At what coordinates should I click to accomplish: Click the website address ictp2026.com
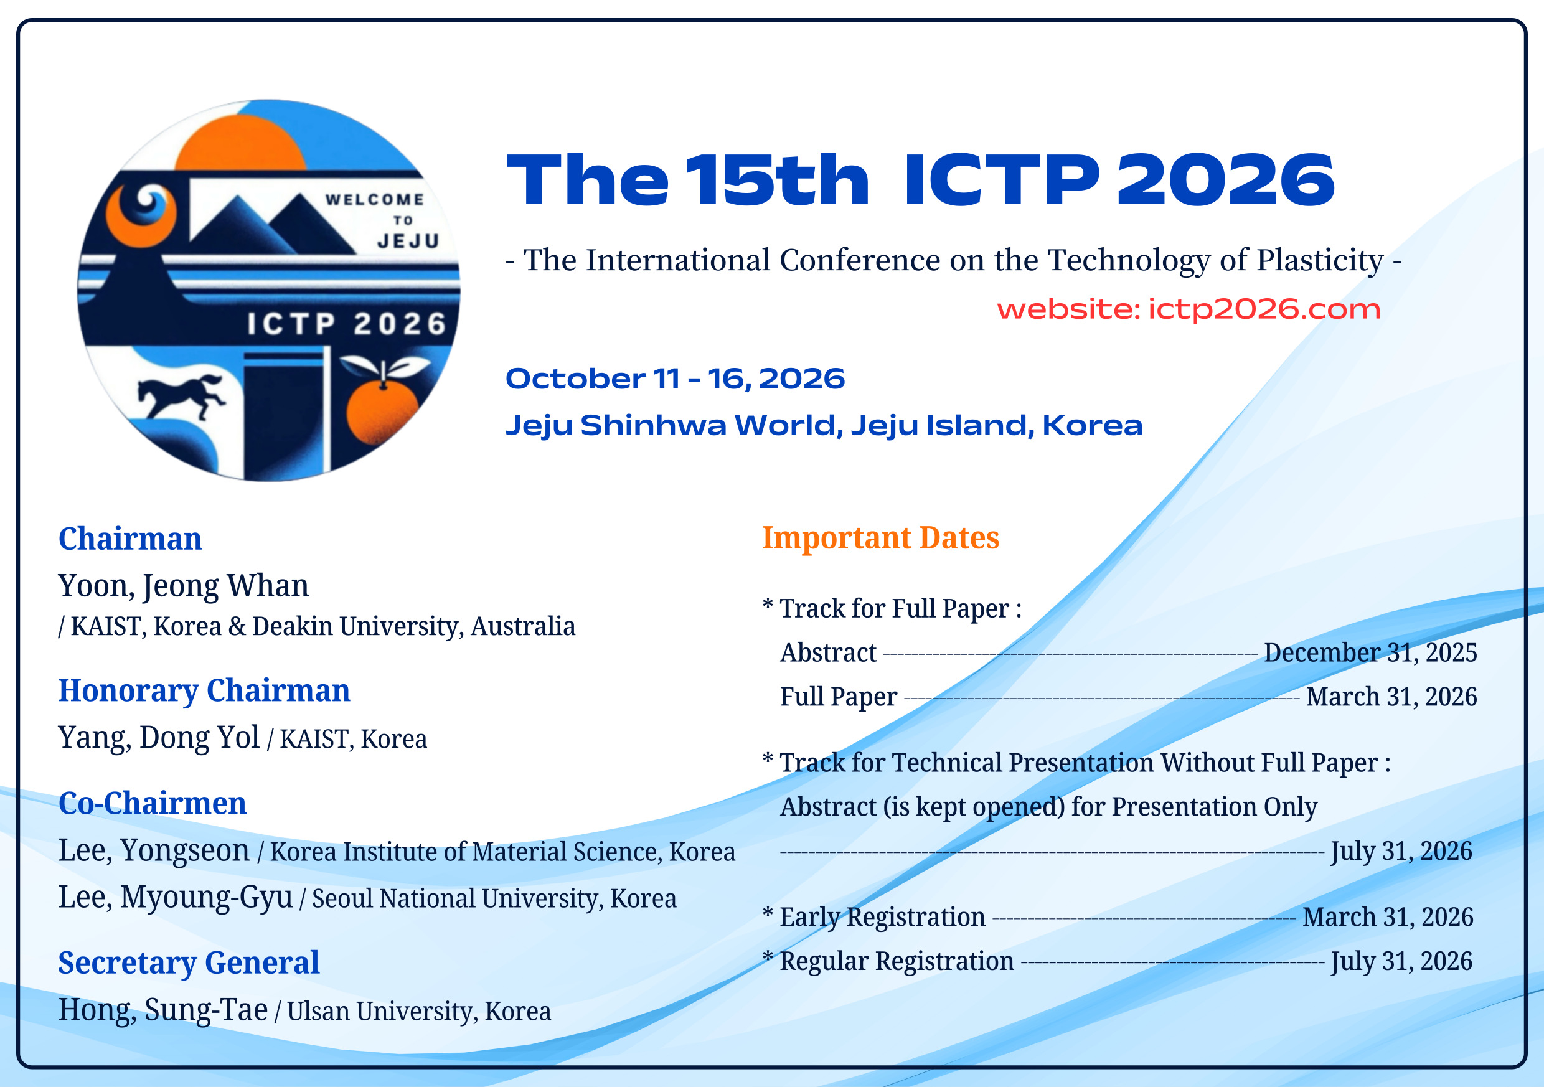click(1264, 309)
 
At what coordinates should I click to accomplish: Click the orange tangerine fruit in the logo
click(381, 410)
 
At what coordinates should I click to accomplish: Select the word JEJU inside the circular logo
click(409, 242)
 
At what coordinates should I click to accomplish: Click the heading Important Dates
click(880, 538)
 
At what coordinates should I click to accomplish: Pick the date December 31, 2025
click(1370, 652)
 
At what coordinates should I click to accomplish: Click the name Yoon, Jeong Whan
click(184, 586)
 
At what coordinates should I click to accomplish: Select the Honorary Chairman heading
click(204, 691)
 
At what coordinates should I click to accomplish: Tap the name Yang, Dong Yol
click(159, 737)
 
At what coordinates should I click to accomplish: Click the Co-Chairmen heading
click(153, 803)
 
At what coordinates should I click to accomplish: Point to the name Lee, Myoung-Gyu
click(176, 897)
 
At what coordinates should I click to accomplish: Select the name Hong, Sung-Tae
click(163, 1010)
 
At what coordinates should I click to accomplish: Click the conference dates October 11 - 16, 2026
click(675, 379)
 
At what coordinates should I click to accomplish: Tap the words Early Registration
click(882, 918)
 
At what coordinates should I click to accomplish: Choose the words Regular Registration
click(897, 962)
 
